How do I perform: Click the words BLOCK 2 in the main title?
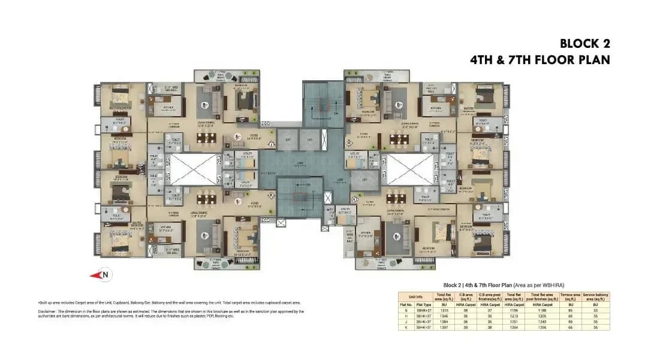(x=584, y=44)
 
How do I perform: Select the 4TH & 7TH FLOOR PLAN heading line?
(x=540, y=60)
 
